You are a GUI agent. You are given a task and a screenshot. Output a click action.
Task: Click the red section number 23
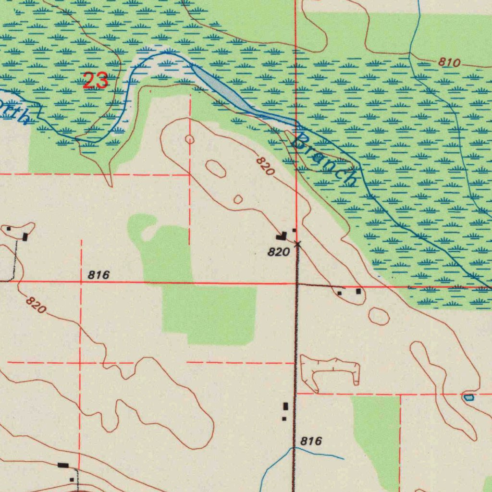click(x=95, y=80)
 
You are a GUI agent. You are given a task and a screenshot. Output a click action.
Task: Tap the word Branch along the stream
click(x=325, y=159)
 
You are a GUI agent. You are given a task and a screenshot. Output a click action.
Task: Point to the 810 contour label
click(x=449, y=62)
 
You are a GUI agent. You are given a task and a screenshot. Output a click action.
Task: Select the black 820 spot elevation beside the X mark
click(x=279, y=252)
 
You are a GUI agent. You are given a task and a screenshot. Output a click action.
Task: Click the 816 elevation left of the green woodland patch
click(x=99, y=275)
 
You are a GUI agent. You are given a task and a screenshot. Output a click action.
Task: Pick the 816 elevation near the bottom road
click(x=311, y=441)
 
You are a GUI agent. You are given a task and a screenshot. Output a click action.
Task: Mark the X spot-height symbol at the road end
click(x=297, y=244)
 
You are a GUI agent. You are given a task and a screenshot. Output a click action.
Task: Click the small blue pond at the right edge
click(x=468, y=397)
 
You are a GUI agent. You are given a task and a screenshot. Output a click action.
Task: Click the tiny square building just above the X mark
click(x=294, y=230)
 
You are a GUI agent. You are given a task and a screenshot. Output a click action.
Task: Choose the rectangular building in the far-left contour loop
click(x=25, y=236)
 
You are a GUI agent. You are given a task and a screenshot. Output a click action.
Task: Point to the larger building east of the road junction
click(x=358, y=291)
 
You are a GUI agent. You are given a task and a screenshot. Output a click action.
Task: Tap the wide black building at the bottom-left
click(x=63, y=465)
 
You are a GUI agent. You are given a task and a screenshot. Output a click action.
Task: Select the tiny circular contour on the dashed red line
click(x=190, y=139)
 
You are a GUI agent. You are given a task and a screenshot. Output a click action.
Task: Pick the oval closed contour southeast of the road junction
click(x=379, y=316)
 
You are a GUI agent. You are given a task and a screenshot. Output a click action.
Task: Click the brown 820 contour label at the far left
click(x=36, y=305)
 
